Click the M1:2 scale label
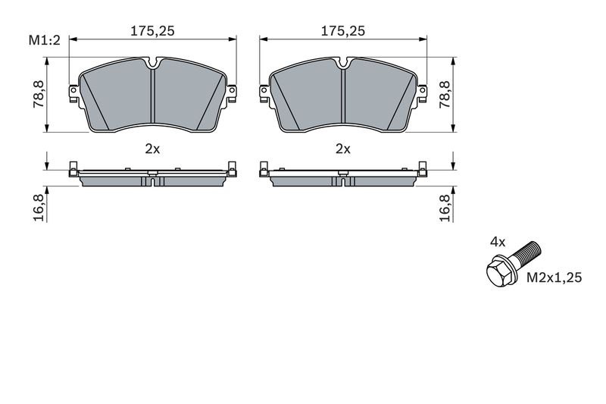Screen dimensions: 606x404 pos(45,40)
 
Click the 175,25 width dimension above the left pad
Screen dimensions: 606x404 pos(152,31)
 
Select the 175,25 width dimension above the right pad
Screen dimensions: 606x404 pos(343,31)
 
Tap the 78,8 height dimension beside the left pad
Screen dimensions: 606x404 pos(39,94)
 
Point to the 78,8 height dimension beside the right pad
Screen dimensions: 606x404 pos(445,94)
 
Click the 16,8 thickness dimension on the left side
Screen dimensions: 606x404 pos(39,208)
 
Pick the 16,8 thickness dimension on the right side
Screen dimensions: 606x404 pos(445,208)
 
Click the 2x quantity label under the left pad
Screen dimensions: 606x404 pos(152,149)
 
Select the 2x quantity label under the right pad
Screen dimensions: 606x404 pos(343,149)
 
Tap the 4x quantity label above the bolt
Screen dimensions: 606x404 pos(498,243)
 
